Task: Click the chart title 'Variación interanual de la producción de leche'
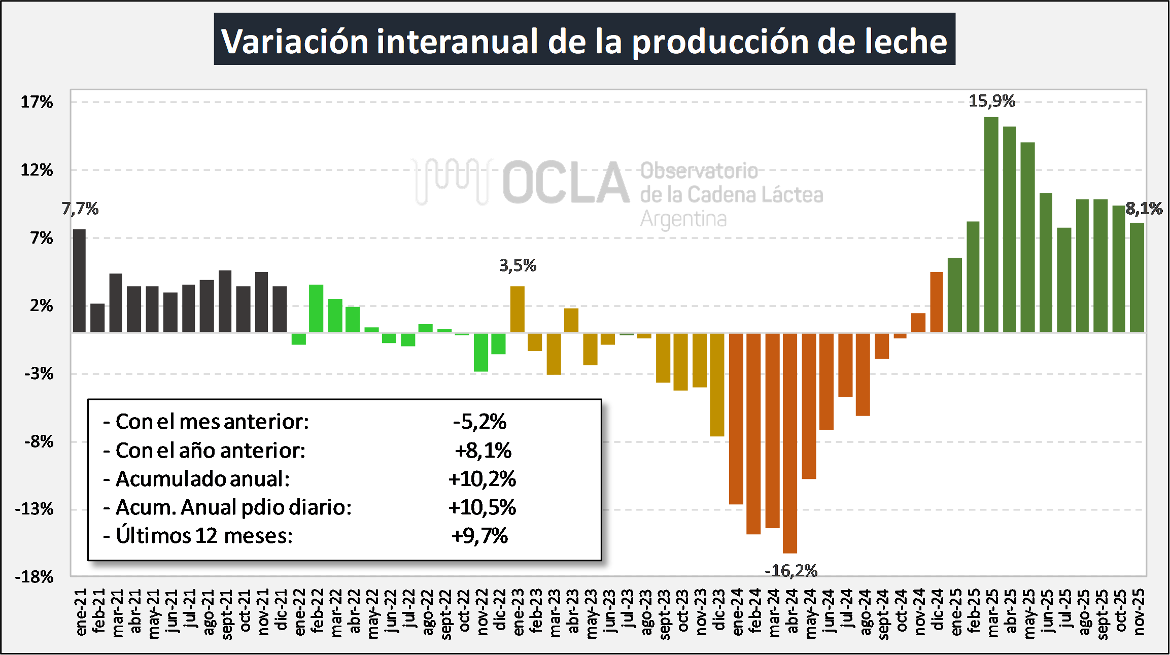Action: pos(584,40)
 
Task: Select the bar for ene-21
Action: pos(79,281)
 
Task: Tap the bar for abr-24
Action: pos(790,442)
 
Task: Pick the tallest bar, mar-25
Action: pos(991,225)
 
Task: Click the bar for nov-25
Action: pos(1137,278)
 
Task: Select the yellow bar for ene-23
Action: pos(517,309)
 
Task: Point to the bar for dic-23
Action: pos(717,384)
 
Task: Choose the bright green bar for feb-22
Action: pos(316,308)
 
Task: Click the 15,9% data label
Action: pos(992,101)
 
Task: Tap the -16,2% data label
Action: pos(791,571)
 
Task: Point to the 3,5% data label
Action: pos(518,265)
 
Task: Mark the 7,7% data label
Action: pos(80,209)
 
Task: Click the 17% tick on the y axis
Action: pos(37,102)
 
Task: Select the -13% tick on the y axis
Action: pos(35,509)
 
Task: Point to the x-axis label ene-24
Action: pos(737,612)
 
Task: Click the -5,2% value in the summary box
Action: pos(479,422)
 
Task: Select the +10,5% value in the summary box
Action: pos(482,507)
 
